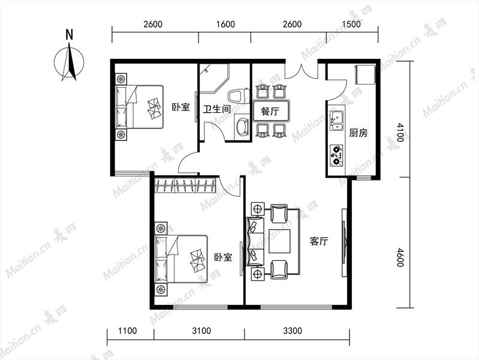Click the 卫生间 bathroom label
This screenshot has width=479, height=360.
click(x=216, y=109)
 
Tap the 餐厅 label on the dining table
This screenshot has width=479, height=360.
click(x=270, y=111)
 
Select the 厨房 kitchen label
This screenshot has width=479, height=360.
click(x=359, y=133)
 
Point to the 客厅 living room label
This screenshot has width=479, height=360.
click(x=319, y=241)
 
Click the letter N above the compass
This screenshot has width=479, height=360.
click(x=70, y=35)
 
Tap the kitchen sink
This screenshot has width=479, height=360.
click(x=337, y=121)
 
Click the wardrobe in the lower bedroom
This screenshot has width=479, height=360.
click(x=185, y=185)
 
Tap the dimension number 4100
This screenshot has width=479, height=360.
click(x=400, y=133)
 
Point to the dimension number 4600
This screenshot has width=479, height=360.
click(x=400, y=257)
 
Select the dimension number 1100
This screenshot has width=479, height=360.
click(x=127, y=331)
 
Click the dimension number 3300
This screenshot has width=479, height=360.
click(x=293, y=331)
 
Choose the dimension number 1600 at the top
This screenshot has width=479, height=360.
click(x=225, y=25)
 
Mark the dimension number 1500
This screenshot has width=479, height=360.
click(x=351, y=25)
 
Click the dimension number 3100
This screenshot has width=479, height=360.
click(x=201, y=331)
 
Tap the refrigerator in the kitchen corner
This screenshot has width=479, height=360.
click(x=365, y=74)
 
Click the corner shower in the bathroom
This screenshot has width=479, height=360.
click(x=214, y=77)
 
